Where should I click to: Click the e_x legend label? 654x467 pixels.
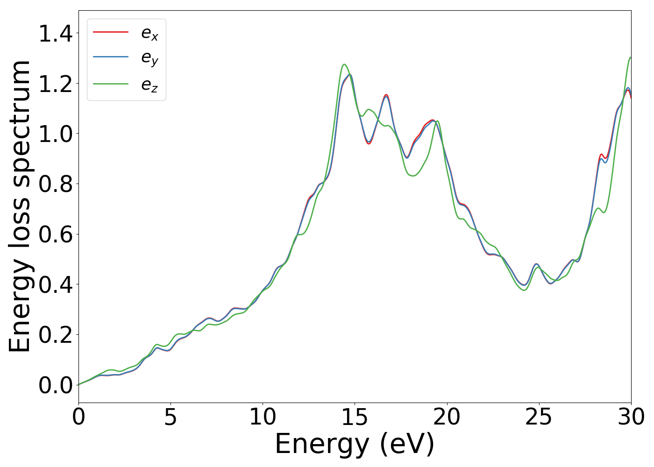tap(149, 33)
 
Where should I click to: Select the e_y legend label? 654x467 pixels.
tap(149, 58)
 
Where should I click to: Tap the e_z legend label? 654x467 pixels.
tap(149, 85)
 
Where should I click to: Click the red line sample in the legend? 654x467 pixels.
tap(111, 32)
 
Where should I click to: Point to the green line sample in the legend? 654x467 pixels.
tap(111, 84)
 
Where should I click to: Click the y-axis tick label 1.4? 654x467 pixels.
tap(56, 34)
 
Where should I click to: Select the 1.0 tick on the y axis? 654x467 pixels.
tap(56, 134)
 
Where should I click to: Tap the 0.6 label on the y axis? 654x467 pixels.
tap(56, 234)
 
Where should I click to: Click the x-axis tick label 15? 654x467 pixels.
tap(355, 417)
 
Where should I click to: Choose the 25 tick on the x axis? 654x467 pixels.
tap(539, 417)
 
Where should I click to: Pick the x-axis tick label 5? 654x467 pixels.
tap(171, 417)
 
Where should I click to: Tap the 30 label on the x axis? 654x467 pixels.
tap(631, 417)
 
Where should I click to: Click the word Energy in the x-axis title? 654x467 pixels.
tap(324, 444)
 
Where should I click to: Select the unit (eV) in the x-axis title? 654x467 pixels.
tap(407, 444)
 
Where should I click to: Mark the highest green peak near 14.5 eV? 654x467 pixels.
tap(344, 64)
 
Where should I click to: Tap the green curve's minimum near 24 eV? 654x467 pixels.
tap(524, 290)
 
